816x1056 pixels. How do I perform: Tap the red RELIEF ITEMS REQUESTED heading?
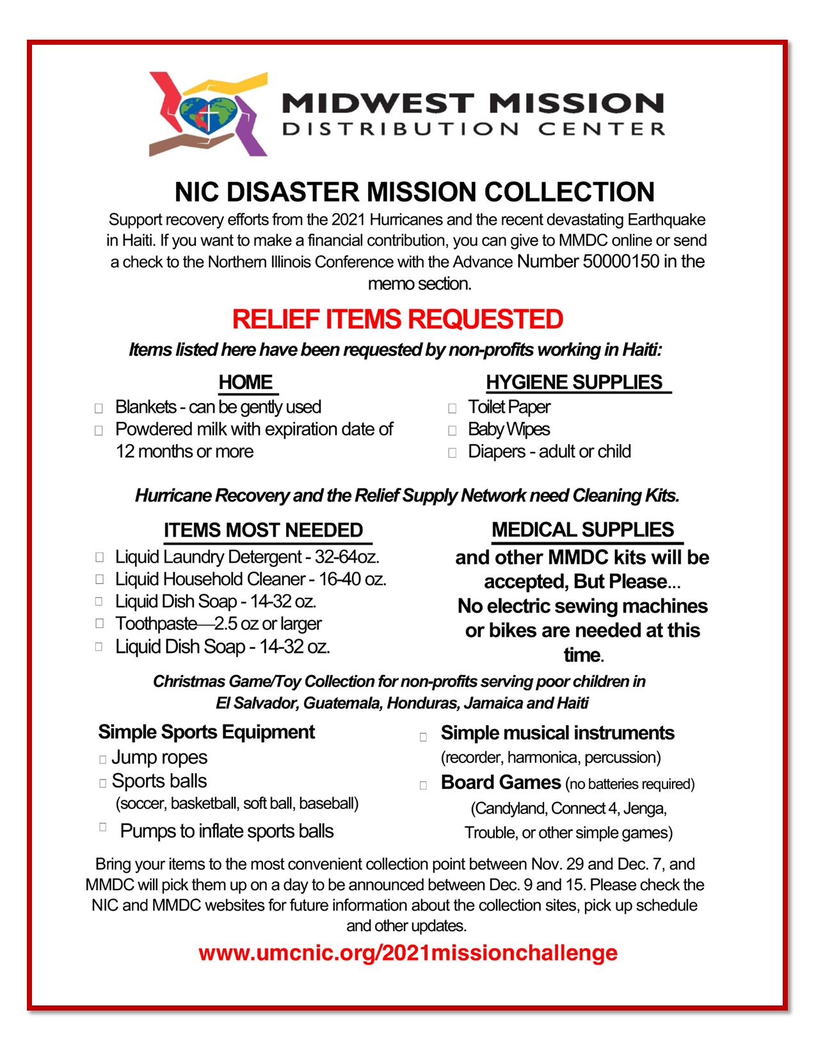[x=397, y=319]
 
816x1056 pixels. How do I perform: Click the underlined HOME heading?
[x=246, y=382]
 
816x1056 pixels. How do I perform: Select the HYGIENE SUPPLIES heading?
[x=574, y=382]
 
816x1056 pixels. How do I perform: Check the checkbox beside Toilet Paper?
[x=452, y=408]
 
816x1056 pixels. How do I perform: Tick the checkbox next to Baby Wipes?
[x=452, y=431]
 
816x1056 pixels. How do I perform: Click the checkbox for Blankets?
[x=99, y=408]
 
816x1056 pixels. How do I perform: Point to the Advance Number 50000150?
[x=588, y=262]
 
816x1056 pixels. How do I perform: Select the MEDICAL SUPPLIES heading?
[x=582, y=530]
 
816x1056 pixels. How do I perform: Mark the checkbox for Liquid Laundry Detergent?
[x=99, y=557]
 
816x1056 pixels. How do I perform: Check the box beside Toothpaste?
[x=99, y=623]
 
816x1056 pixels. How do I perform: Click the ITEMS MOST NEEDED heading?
[x=263, y=531]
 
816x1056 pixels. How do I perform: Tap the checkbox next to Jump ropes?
[x=102, y=760]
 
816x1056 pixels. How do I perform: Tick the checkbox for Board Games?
[x=423, y=785]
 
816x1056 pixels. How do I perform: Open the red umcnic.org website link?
[x=408, y=953]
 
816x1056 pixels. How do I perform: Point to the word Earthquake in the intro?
[x=666, y=220]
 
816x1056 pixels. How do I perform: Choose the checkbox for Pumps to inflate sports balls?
[x=102, y=827]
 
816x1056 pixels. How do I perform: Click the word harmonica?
[x=544, y=758]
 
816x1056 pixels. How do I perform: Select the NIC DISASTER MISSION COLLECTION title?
[x=414, y=192]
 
